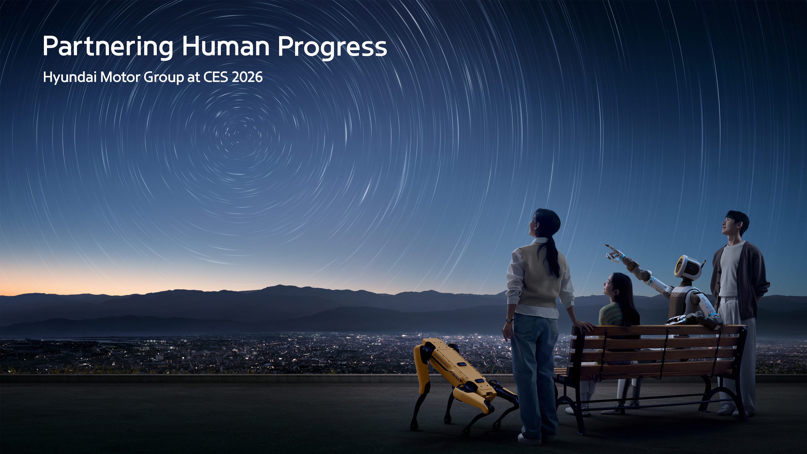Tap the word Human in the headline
[x=225, y=46]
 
